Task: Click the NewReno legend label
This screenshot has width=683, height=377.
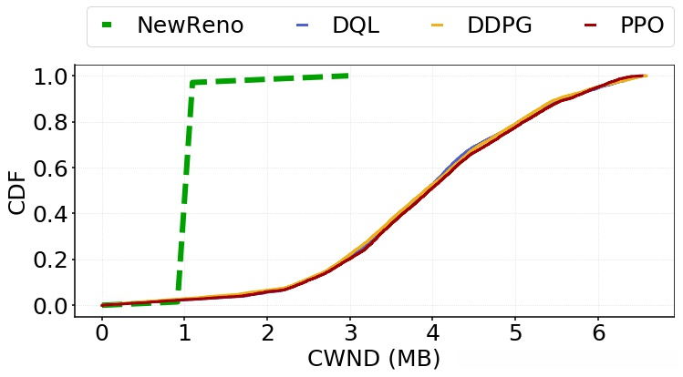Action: tap(190, 25)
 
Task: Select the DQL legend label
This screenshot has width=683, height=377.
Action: tap(356, 25)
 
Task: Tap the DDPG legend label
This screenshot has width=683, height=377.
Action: tap(500, 25)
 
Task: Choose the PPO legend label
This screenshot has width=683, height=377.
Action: tap(642, 25)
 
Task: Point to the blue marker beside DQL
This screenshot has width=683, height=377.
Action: tap(303, 25)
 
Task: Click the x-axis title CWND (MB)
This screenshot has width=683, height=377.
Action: tap(374, 359)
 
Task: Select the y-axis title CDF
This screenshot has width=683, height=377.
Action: tap(17, 191)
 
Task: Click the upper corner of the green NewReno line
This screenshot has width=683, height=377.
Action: tap(192, 83)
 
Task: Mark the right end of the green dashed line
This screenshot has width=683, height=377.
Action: tap(349, 76)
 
